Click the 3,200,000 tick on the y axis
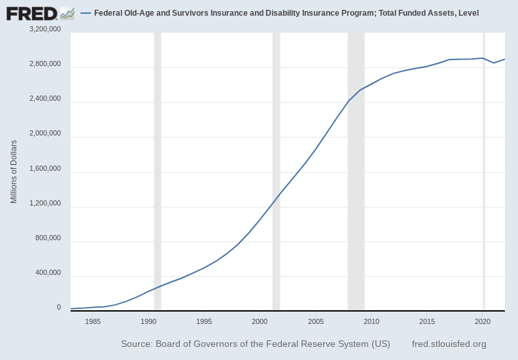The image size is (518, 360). [45, 29]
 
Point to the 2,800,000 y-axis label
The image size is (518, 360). [45, 64]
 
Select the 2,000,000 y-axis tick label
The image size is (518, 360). [45, 134]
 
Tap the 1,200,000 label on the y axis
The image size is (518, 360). [45, 204]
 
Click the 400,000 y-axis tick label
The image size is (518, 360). [47, 273]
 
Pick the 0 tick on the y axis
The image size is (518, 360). [58, 308]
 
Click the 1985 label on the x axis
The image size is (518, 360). [93, 321]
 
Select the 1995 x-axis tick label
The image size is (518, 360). [204, 321]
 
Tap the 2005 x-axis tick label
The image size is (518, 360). [316, 321]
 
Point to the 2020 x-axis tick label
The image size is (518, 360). [483, 321]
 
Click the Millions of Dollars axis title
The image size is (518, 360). [14, 171]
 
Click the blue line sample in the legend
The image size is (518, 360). [85, 13]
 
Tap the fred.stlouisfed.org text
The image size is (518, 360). [449, 344]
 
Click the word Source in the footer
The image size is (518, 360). [136, 344]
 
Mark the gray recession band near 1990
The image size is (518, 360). [158, 170]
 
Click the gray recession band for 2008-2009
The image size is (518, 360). [356, 170]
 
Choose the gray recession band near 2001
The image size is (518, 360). [276, 170]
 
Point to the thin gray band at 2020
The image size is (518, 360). [484, 170]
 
